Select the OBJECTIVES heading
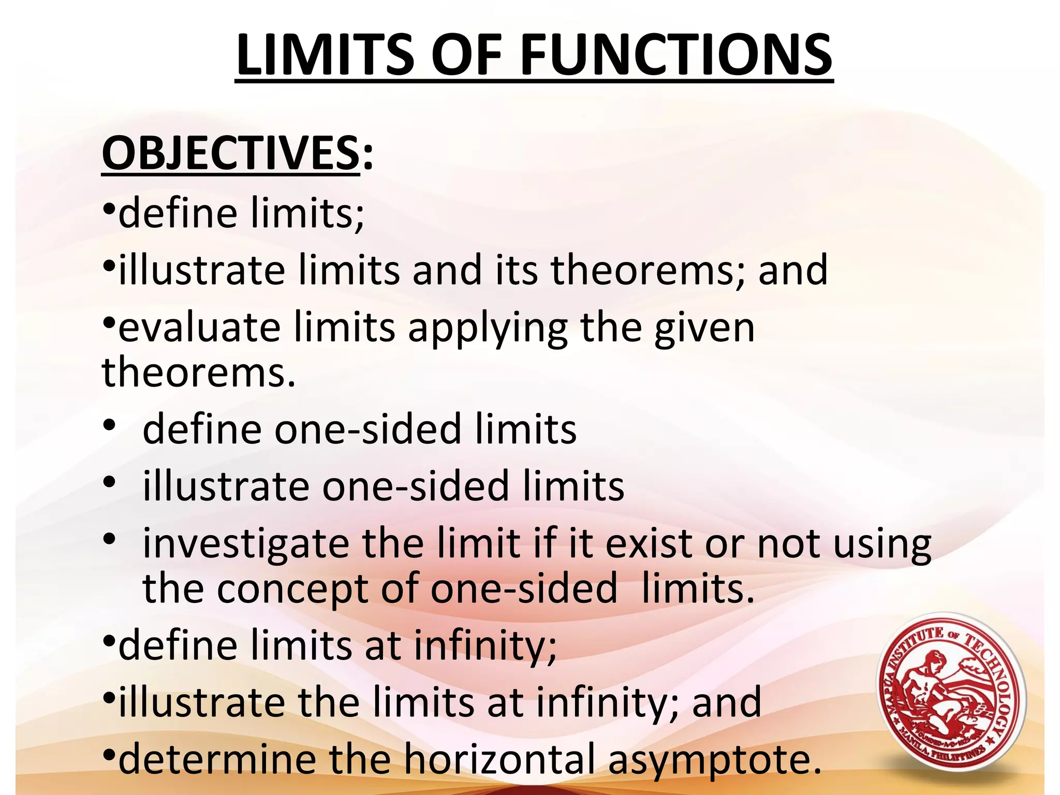230,154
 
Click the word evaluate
199,328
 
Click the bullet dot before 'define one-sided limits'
109,425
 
